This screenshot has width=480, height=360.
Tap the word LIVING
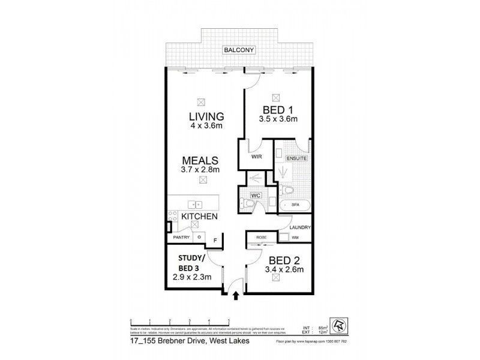coord(206,116)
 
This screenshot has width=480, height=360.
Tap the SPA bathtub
coord(295,205)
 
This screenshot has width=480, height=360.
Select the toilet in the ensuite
coord(288,190)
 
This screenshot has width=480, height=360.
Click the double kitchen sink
coord(193,204)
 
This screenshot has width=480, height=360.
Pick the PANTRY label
coord(181,238)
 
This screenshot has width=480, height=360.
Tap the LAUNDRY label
coord(299,227)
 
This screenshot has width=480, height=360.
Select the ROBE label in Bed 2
coord(261,238)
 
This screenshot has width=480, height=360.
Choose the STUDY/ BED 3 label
coord(193,263)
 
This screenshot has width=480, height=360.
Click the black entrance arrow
coord(236,295)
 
